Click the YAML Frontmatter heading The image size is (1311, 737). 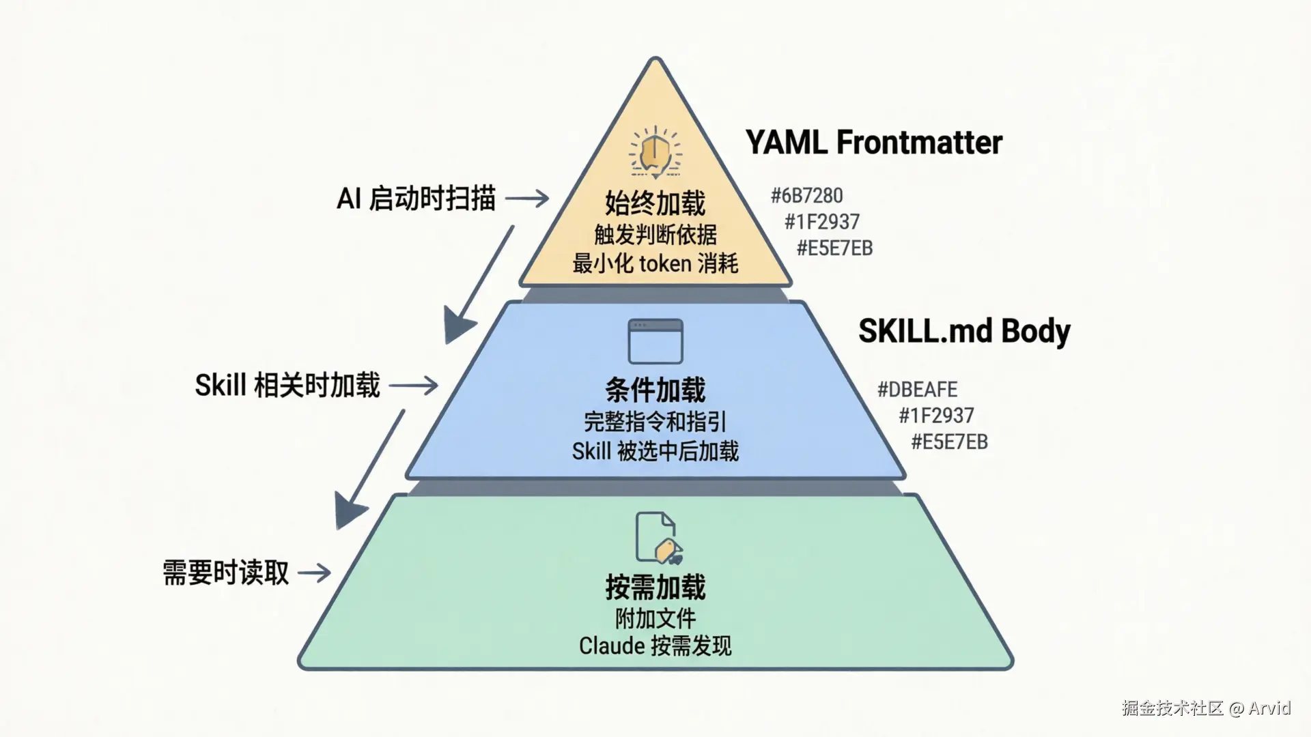click(x=873, y=143)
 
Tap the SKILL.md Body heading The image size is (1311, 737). click(x=964, y=331)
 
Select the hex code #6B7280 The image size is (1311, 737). click(x=807, y=196)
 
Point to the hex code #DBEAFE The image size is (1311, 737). click(x=917, y=390)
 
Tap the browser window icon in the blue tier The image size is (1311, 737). click(x=655, y=341)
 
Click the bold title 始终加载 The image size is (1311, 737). click(x=655, y=203)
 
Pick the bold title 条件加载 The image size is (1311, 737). click(x=655, y=390)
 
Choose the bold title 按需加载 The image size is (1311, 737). click(x=655, y=587)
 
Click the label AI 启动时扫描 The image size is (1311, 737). click(x=416, y=199)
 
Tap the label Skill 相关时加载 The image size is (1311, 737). click(x=287, y=386)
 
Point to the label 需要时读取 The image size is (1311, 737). click(x=226, y=573)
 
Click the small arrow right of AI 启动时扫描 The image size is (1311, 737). click(x=526, y=199)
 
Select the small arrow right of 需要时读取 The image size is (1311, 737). click(x=315, y=572)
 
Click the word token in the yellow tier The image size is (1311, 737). click(x=664, y=264)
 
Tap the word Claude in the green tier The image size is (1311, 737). click(x=612, y=646)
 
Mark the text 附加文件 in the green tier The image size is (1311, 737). click(x=655, y=619)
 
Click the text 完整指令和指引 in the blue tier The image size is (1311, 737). click(x=655, y=422)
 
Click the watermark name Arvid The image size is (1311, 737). click(x=1269, y=708)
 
